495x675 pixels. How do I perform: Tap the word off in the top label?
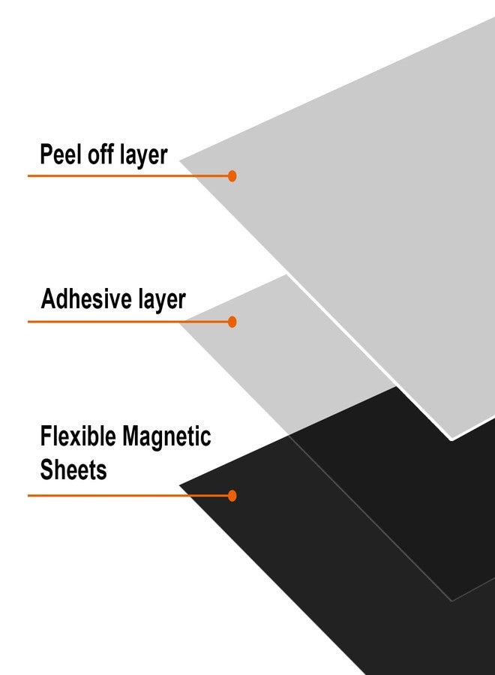(x=100, y=154)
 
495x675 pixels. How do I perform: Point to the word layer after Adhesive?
(x=162, y=300)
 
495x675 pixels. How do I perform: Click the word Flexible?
(x=78, y=436)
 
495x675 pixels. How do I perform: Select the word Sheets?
(x=73, y=469)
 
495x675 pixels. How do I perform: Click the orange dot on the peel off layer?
(x=232, y=175)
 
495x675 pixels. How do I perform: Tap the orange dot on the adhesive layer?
(x=232, y=322)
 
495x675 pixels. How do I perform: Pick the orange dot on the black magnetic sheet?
(x=232, y=496)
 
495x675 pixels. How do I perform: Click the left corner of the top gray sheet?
(x=179, y=161)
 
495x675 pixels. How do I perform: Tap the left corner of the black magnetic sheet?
(x=179, y=485)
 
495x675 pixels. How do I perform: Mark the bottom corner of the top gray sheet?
(x=451, y=439)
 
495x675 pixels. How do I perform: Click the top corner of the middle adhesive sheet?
(x=286, y=274)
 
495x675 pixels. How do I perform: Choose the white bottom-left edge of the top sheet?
(x=369, y=357)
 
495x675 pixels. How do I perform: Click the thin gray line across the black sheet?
(x=371, y=518)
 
